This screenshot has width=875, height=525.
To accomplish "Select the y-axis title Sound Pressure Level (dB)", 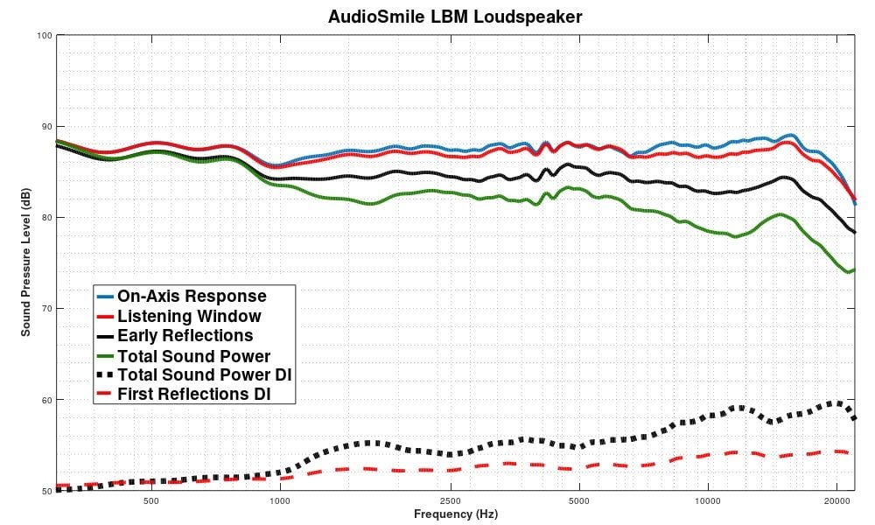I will pyautogui.click(x=26, y=262).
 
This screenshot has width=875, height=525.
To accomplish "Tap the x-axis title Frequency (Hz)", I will pyautogui.click(x=455, y=514).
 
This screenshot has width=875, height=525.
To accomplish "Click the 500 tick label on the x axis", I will pyautogui.click(x=150, y=502).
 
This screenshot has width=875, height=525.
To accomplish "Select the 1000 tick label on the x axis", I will pyautogui.click(x=279, y=502).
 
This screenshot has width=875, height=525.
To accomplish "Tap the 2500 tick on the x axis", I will pyautogui.click(x=450, y=502).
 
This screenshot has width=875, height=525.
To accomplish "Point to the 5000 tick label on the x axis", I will pyautogui.click(x=578, y=502).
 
